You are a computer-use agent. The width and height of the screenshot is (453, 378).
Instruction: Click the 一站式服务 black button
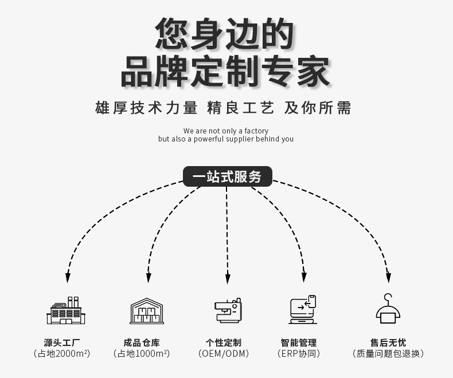[x=226, y=176]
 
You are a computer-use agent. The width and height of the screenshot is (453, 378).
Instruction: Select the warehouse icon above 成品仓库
[x=146, y=311]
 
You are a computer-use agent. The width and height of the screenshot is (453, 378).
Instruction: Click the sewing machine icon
[x=227, y=311]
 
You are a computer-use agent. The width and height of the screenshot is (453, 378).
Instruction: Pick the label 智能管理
[x=298, y=342]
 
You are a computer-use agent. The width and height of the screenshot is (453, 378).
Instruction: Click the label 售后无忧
[x=388, y=342]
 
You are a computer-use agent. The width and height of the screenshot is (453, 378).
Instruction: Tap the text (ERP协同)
[x=298, y=353]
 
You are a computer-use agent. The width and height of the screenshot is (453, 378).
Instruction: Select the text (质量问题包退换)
[x=388, y=353]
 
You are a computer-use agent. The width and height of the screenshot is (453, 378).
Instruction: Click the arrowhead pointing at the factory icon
[x=68, y=278]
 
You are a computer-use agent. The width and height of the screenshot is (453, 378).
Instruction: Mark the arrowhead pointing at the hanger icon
[x=388, y=278]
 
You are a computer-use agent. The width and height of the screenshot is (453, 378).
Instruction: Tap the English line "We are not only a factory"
[x=226, y=131]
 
